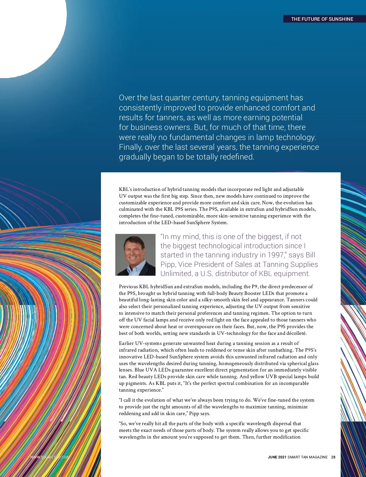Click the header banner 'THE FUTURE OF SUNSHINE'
322,19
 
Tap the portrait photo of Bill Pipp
135,255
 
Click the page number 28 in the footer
333,457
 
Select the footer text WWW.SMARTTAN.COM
50,457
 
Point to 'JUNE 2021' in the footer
277,457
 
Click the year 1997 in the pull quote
276,255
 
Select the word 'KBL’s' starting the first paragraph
125,189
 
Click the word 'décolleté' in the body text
296,333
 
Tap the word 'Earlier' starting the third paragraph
126,343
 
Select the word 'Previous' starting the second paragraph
128,287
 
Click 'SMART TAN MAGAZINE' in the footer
307,457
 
